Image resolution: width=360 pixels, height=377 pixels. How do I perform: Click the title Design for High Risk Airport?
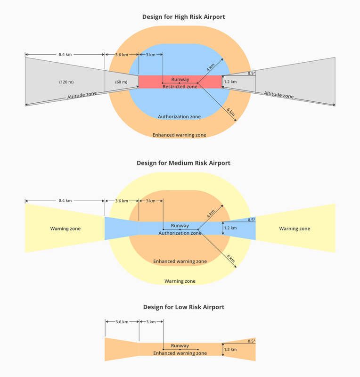[183, 17]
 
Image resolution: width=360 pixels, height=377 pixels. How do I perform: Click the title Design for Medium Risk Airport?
[183, 163]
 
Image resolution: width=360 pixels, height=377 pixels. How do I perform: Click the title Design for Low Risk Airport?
[183, 307]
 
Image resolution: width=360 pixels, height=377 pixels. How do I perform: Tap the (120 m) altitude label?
[66, 82]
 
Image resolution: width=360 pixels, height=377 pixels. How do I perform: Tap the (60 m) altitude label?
[121, 82]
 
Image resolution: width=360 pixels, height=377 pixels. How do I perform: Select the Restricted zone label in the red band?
[180, 87]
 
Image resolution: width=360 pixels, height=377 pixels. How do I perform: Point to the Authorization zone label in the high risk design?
[180, 116]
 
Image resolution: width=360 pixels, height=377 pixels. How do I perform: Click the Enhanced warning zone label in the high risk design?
[180, 135]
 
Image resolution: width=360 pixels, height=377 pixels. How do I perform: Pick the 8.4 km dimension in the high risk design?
[65, 54]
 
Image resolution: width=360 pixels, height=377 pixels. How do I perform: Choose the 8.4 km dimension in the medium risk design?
[65, 201]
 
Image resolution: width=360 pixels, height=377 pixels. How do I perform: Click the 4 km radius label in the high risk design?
[211, 67]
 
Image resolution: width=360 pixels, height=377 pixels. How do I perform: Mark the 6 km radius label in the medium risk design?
[231, 258]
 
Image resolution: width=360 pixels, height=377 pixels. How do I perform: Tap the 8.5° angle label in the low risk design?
[252, 341]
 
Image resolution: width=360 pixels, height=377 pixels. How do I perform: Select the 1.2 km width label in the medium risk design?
[230, 228]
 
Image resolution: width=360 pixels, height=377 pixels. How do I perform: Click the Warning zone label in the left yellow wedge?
[65, 229]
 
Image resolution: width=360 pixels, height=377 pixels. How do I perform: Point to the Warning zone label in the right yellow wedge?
[295, 229]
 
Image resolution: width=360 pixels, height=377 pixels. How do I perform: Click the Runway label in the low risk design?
[180, 345]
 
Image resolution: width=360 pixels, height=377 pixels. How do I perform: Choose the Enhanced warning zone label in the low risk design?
[180, 353]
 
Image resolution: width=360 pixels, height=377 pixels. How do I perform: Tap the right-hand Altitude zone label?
[279, 95]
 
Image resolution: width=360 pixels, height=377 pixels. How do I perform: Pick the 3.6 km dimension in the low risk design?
[122, 322]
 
